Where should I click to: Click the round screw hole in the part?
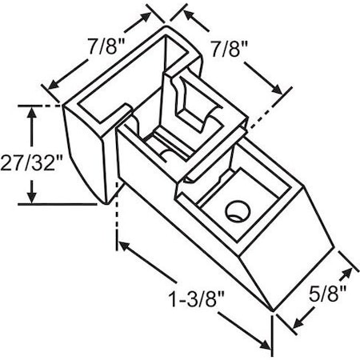tap(235, 211)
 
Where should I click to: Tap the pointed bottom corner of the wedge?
tap(272, 311)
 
